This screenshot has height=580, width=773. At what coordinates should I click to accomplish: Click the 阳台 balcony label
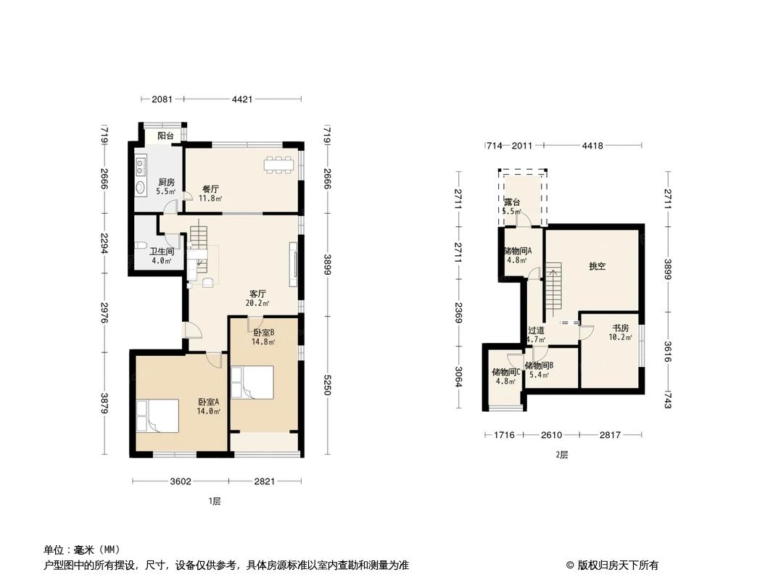tap(165, 136)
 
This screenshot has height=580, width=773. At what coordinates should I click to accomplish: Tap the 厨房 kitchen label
tap(166, 182)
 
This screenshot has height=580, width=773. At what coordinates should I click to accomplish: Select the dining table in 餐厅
tap(279, 165)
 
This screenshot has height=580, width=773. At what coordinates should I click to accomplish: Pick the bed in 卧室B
tap(252, 383)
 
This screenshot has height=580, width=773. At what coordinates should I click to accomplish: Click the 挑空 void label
tap(597, 267)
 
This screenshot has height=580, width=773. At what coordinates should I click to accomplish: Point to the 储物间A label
tap(518, 251)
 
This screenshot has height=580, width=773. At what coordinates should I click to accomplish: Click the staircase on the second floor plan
tap(553, 287)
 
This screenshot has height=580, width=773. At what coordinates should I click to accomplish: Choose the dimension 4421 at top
tap(242, 99)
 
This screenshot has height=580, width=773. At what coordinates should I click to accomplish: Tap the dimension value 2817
tap(611, 435)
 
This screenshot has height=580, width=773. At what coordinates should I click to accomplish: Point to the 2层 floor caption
tap(561, 455)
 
